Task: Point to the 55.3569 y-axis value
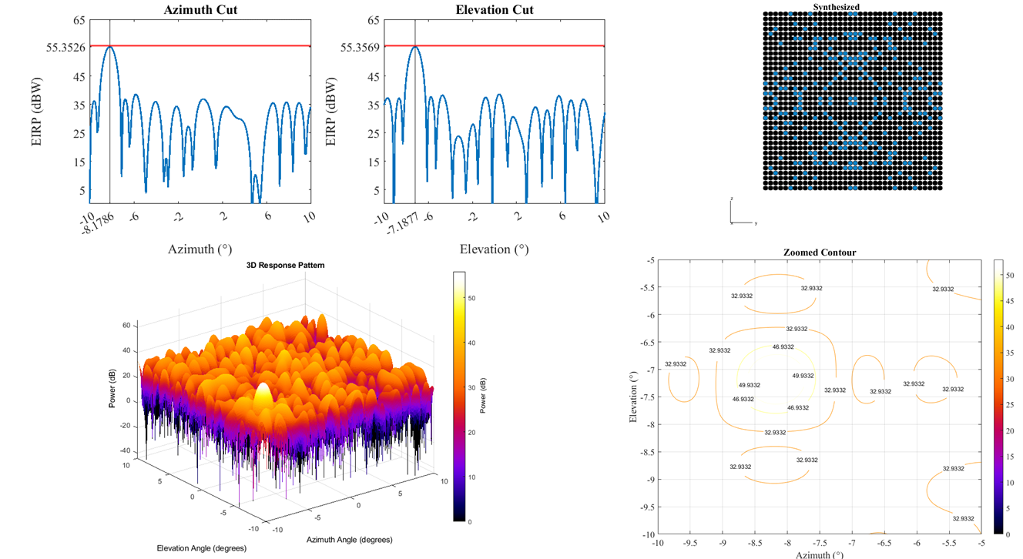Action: tap(361, 47)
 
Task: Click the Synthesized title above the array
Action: tap(837, 7)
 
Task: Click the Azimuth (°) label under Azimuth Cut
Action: tap(199, 249)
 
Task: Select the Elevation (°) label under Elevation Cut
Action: tap(495, 249)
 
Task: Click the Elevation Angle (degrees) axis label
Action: tap(196, 547)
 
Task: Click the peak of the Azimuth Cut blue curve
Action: tap(110, 47)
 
